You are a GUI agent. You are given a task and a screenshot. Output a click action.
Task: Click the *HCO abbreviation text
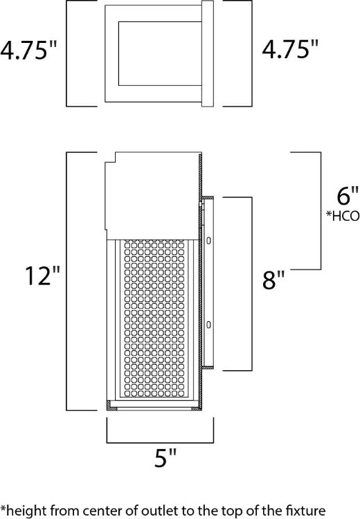(x=343, y=215)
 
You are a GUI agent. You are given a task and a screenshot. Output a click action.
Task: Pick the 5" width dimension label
(x=163, y=457)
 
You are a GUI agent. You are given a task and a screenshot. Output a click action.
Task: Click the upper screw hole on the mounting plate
(x=208, y=240)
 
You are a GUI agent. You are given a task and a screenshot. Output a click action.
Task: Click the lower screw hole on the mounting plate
(x=208, y=325)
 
